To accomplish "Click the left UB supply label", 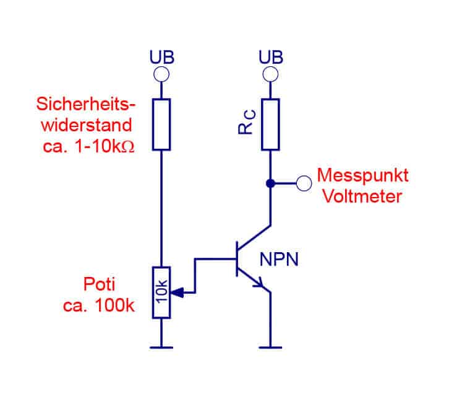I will click(161, 58).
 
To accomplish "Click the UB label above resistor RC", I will click(270, 58).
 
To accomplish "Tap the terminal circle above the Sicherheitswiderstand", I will click(161, 75).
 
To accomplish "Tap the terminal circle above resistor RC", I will click(270, 75).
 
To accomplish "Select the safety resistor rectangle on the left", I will click(161, 124).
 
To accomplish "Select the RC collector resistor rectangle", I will click(270, 124).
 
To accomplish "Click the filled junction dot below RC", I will click(270, 183).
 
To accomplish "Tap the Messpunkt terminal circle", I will click(304, 183).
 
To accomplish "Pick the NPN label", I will click(279, 258).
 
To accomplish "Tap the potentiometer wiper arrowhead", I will click(176, 292).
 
